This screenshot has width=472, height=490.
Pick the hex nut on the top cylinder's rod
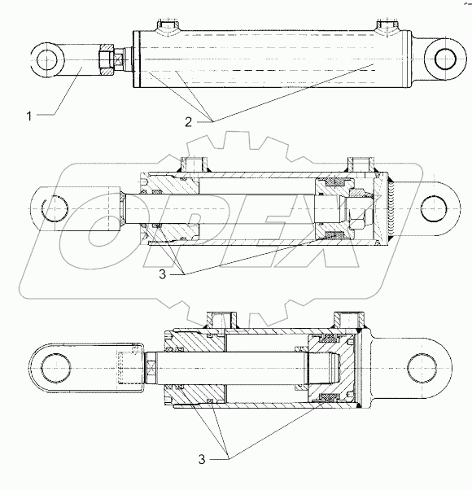coord(107,59)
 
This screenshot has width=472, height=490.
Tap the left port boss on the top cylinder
coord(166,28)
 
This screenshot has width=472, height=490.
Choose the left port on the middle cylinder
coord(194,165)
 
